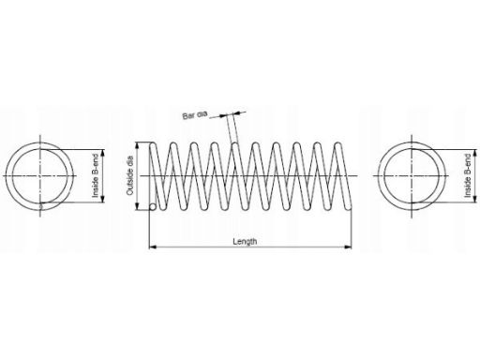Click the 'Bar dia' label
click(x=195, y=115)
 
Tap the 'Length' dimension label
click(x=245, y=241)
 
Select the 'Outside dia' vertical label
click(x=130, y=175)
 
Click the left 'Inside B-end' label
click(x=96, y=175)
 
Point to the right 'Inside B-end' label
click(x=468, y=175)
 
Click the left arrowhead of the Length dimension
click(x=152, y=247)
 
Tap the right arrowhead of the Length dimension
click(x=348, y=247)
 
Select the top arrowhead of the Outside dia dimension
click(x=137, y=146)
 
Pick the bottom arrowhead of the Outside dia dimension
click(x=137, y=206)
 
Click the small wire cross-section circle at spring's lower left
click(x=153, y=207)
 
